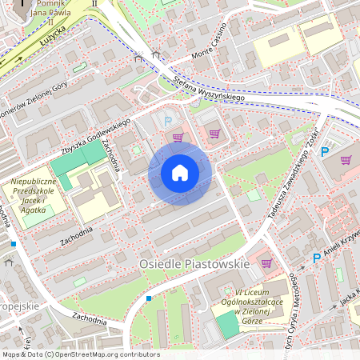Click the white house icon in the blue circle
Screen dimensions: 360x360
pos(180,173)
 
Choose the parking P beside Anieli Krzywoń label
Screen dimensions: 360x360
pos(316,258)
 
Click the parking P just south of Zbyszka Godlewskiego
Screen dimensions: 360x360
pos(167,121)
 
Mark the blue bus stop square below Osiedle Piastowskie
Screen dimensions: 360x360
pos(149,298)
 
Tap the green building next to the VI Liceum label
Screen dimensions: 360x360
pos(228,324)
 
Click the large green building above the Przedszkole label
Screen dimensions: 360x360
pos(80,163)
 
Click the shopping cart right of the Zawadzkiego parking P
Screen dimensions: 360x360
pos(346,159)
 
